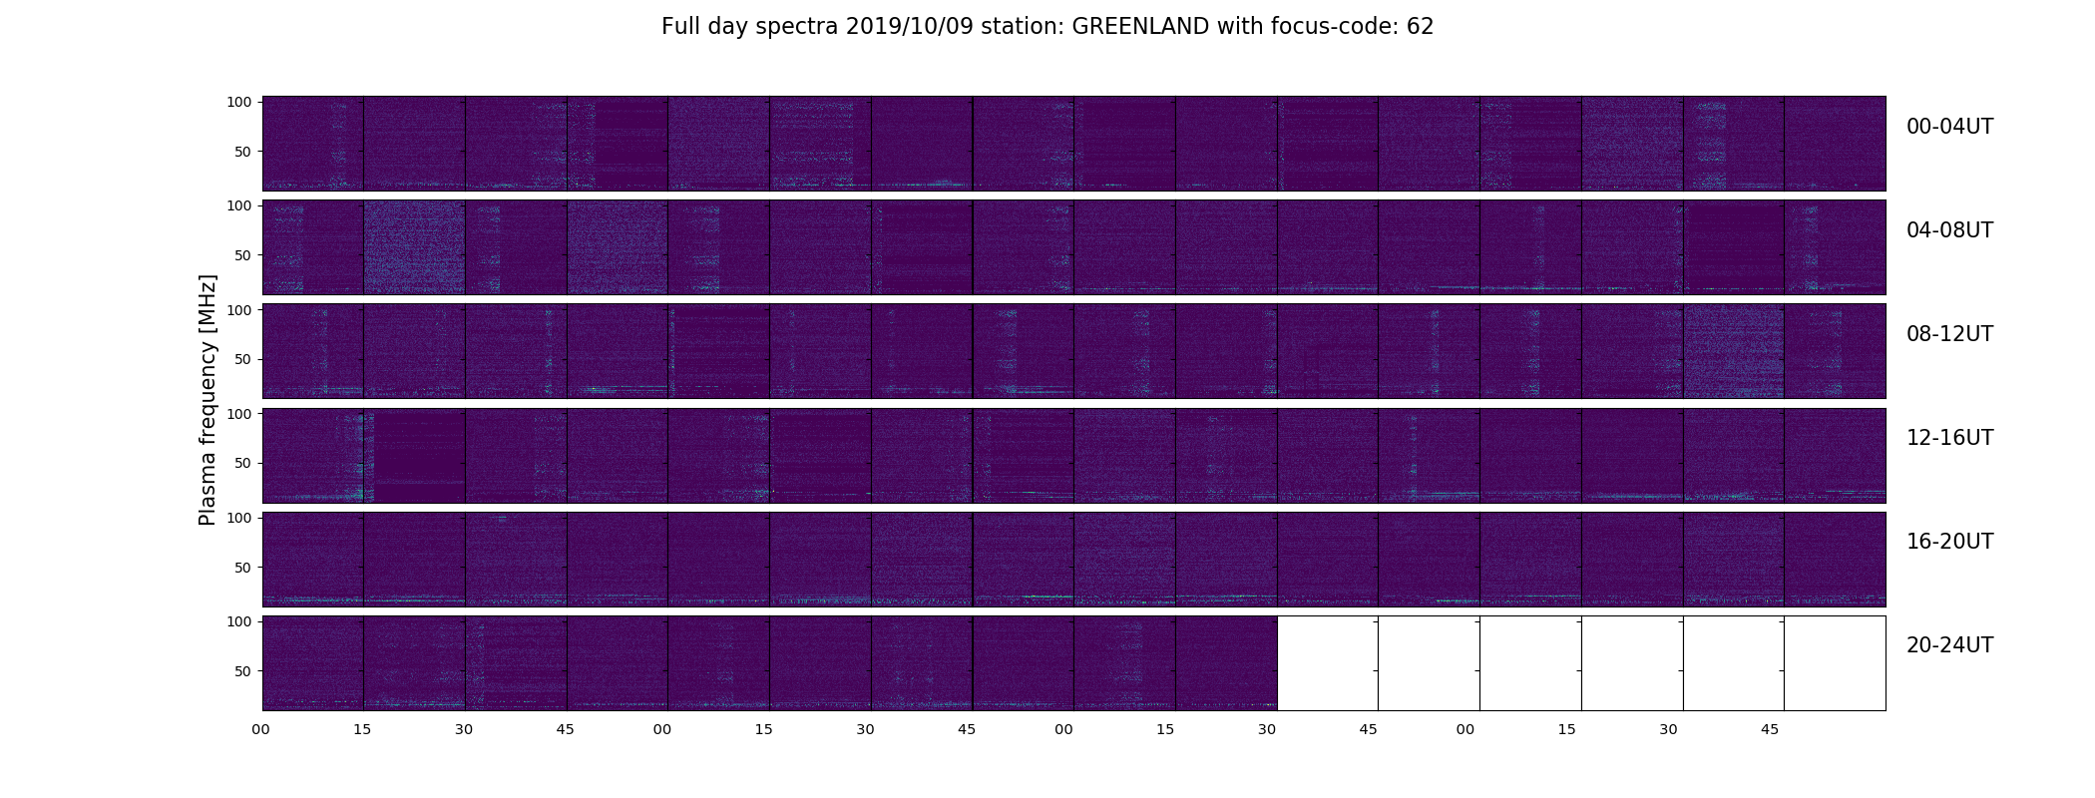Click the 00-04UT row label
point(1949,127)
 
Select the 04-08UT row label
point(1949,230)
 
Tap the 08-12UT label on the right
point(1949,334)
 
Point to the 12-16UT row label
point(1949,438)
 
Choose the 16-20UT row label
point(1949,542)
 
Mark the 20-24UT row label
point(1949,645)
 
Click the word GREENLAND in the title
point(1140,27)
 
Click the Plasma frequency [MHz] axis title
point(208,400)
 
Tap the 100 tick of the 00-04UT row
point(239,102)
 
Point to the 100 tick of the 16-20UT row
point(239,518)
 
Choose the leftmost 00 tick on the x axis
point(261,730)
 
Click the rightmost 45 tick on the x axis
point(1770,730)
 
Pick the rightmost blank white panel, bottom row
point(1835,663)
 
